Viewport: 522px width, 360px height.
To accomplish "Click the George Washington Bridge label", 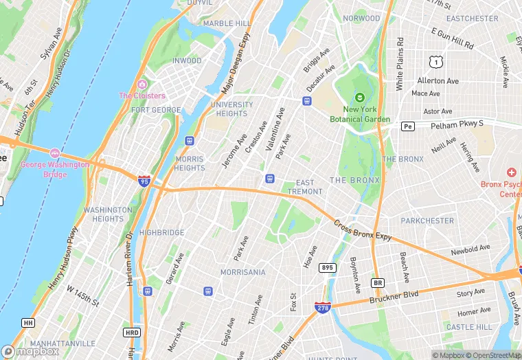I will click(55, 169).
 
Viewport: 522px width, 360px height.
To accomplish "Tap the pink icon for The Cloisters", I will click(142, 85).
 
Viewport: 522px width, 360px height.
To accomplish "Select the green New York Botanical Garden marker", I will click(360, 98).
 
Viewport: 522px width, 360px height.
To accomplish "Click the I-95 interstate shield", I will click(144, 181).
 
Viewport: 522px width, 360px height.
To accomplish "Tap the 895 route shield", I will click(328, 267).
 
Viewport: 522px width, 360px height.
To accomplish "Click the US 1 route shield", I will click(434, 62).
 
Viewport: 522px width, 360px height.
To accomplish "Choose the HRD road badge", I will click(132, 332).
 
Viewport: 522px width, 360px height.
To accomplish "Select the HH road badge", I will click(28, 322).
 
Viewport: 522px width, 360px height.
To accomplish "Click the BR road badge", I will click(377, 282).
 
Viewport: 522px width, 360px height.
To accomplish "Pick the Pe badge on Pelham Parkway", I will click(408, 126).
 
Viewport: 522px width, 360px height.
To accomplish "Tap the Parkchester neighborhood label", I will click(427, 221).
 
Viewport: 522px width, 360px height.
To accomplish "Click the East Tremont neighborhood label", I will click(305, 187).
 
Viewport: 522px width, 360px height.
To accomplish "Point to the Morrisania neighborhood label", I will click(242, 272).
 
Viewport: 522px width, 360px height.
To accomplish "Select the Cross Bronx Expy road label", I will click(363, 231).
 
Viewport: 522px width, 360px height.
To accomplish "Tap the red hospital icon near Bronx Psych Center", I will click(511, 172).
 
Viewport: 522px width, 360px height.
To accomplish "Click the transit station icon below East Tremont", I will click(271, 179).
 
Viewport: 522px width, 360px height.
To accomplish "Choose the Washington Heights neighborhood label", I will click(108, 214).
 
